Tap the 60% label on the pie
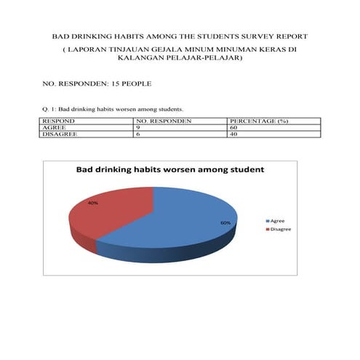(225, 223)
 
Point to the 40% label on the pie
(93, 203)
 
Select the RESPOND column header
(59, 121)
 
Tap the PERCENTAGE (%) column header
(259, 121)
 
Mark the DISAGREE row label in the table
(61, 134)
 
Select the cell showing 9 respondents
(138, 127)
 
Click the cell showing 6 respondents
(138, 134)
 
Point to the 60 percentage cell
(232, 127)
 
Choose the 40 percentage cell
(232, 134)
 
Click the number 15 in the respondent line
(113, 84)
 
